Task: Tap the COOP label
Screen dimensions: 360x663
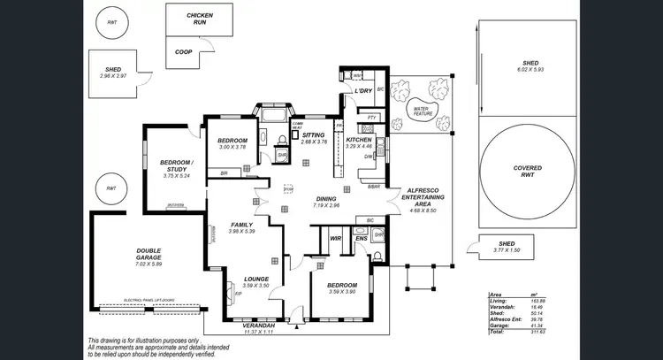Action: click(183, 51)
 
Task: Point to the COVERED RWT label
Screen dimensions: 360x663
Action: click(529, 171)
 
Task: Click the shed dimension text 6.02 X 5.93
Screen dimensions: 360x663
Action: click(530, 70)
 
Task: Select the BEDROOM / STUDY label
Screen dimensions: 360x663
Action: click(176, 166)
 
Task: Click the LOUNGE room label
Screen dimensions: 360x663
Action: click(255, 280)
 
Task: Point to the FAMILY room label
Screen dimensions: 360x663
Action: click(241, 225)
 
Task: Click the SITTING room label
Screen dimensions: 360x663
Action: click(313, 135)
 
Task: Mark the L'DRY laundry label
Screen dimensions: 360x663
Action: click(362, 91)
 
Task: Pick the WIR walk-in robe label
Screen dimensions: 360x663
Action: click(335, 238)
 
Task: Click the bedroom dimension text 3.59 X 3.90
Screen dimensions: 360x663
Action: click(341, 292)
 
